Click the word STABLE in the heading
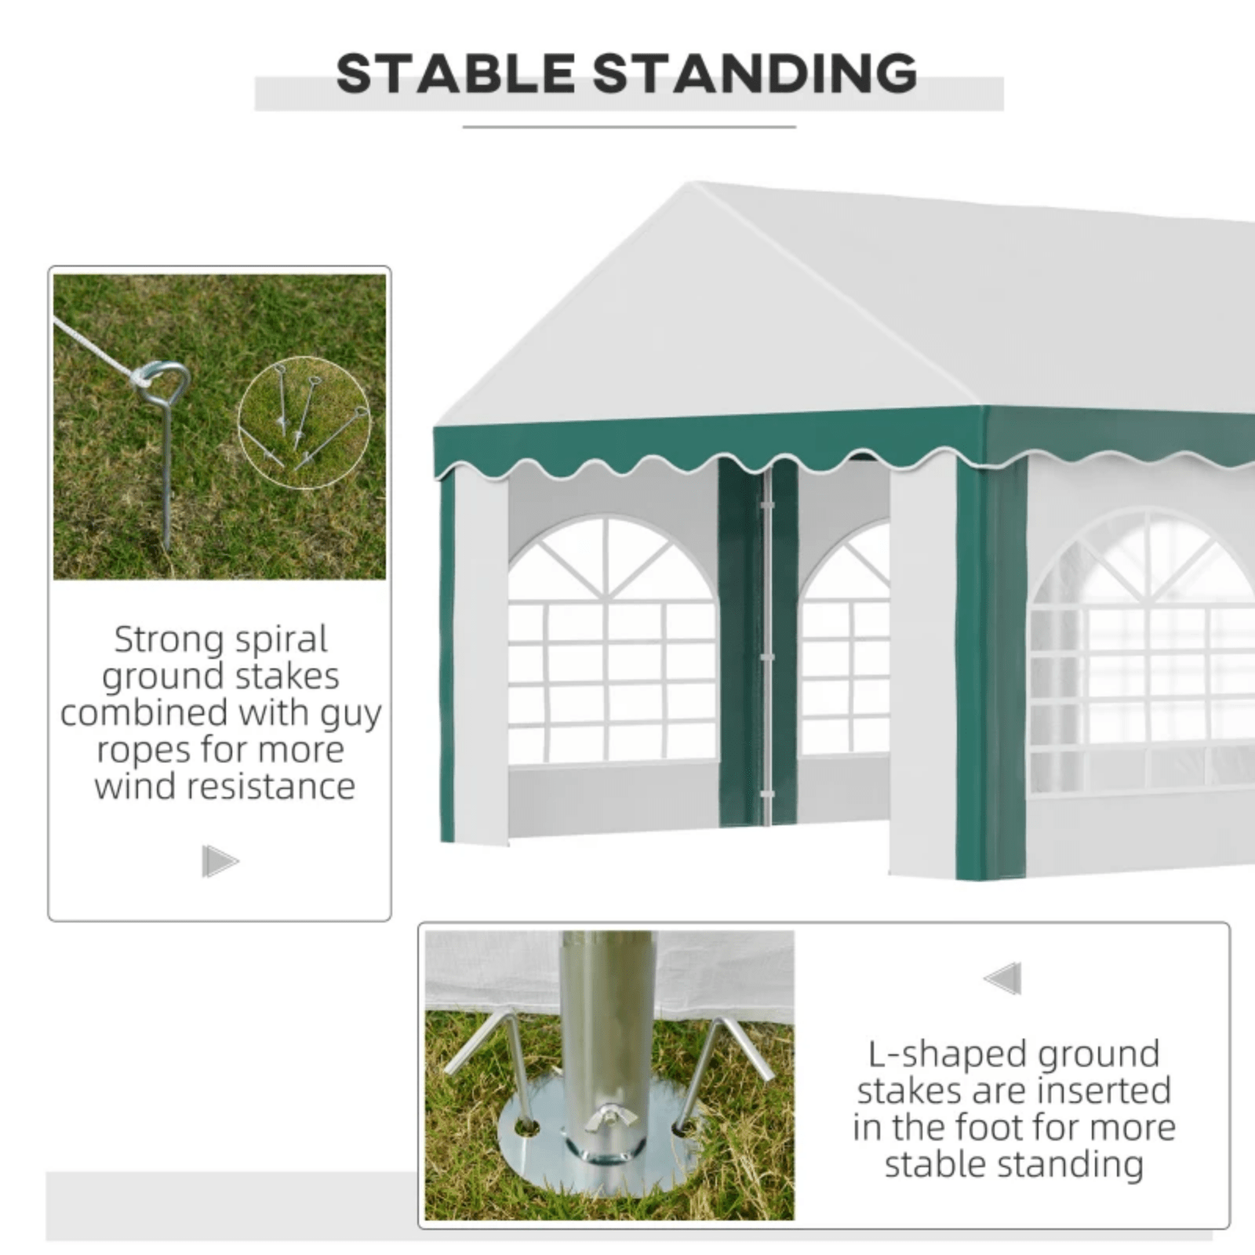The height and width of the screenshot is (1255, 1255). pos(456,74)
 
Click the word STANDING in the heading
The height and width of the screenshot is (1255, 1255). pos(755,74)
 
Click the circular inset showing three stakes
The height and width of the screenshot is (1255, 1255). pos(305,423)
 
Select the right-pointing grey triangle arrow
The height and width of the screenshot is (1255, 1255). pos(220,861)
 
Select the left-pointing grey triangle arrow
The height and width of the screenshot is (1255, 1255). pos(1002,978)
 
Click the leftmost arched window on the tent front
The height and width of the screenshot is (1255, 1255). pos(613,640)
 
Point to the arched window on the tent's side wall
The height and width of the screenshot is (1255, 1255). pos(1142,651)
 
